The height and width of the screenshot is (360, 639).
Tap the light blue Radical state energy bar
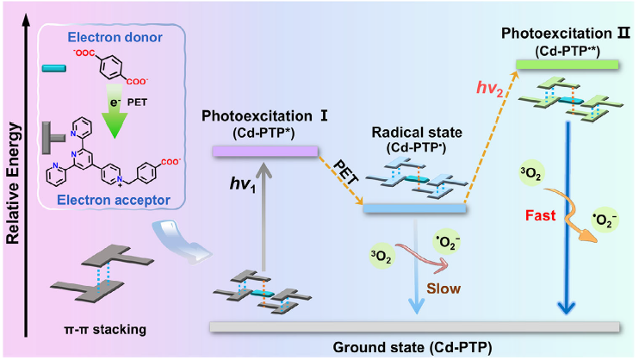[414, 208]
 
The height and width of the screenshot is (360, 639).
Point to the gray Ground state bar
[414, 326]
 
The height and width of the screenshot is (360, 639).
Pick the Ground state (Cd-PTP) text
[413, 346]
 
